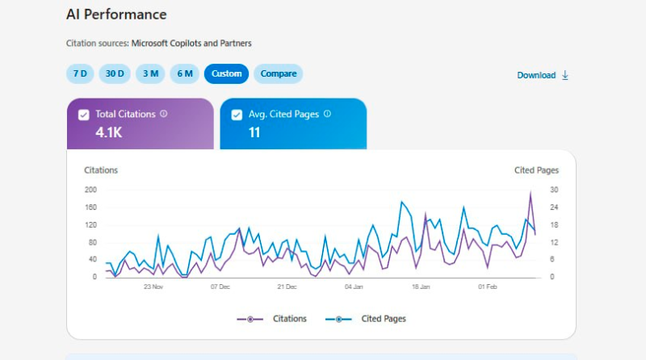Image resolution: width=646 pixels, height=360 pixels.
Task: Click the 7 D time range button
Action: [80, 73]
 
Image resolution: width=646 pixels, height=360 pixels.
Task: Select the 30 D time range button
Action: [115, 73]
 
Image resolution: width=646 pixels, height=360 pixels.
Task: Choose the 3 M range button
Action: [150, 73]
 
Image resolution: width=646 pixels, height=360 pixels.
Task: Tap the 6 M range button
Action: [185, 73]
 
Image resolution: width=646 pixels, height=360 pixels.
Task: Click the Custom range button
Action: [227, 73]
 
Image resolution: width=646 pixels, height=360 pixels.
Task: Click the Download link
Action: [543, 75]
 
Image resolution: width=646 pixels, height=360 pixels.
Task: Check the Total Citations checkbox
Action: [84, 115]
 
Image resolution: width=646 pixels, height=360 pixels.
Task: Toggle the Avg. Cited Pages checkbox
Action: [237, 115]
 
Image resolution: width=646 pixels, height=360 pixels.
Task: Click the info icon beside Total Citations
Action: [164, 114]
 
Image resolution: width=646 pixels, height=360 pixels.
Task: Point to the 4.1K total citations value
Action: [109, 132]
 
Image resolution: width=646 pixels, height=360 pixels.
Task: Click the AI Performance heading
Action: [116, 15]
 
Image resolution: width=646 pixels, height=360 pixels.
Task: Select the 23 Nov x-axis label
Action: [153, 287]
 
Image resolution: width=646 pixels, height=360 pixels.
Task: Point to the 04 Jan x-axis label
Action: [354, 287]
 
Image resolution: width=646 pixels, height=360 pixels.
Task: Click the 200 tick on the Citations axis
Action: [90, 190]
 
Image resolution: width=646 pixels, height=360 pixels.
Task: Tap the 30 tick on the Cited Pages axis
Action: [554, 190]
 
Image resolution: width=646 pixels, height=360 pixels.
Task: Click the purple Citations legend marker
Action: [250, 319]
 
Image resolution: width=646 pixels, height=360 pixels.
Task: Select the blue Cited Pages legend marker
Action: [338, 319]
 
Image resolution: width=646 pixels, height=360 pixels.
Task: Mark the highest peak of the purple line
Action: [531, 192]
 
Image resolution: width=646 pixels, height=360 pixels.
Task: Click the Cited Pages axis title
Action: [536, 170]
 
